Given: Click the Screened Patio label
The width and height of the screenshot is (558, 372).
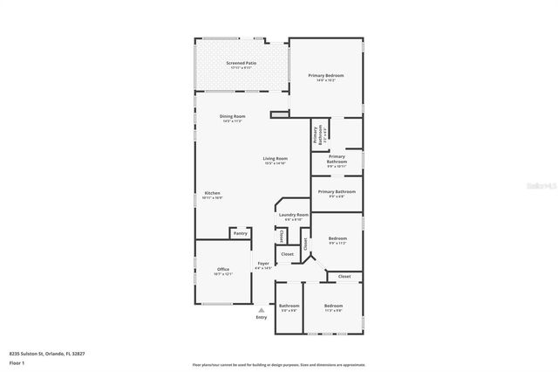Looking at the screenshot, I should (242, 64).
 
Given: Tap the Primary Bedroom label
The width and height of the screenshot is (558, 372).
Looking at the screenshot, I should (326, 77).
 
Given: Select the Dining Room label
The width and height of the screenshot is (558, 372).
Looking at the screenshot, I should (232, 117).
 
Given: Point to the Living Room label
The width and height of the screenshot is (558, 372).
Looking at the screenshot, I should (276, 159).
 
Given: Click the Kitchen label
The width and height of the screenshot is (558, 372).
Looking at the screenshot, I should (213, 194).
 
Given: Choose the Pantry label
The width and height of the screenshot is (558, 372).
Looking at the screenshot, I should (241, 234).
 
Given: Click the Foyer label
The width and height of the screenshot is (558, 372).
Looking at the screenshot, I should (263, 264).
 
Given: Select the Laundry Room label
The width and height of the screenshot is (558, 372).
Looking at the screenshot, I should (293, 215).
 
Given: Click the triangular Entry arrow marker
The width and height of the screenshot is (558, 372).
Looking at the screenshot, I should (261, 309).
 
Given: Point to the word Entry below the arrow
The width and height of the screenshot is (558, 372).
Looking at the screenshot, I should (262, 317).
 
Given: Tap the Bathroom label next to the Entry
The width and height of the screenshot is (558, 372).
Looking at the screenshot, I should (289, 306).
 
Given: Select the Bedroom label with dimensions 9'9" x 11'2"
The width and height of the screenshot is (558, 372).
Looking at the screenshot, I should (337, 238).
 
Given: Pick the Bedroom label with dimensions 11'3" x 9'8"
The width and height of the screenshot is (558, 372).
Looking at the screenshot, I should (333, 306).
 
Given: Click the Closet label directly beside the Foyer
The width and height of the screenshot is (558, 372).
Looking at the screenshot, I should (287, 254).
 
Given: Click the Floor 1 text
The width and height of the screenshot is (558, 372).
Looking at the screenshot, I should (17, 362).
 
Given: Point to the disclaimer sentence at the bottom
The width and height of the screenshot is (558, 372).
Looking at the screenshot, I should (279, 363).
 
